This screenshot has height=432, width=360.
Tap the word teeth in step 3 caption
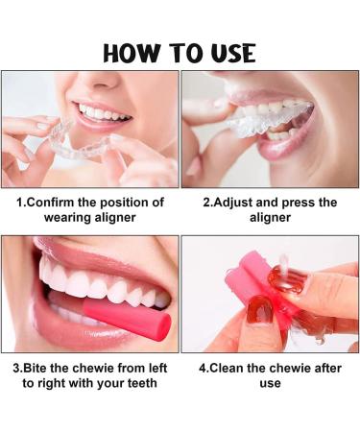[140, 384]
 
